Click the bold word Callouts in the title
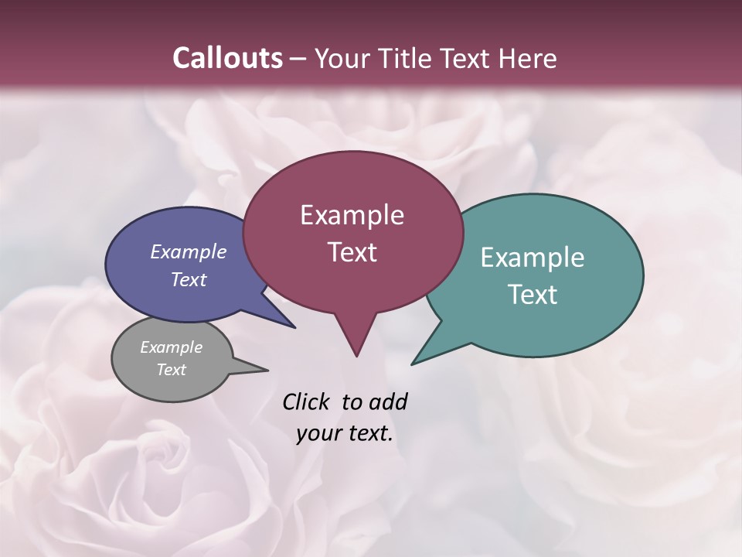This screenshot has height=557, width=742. (x=227, y=58)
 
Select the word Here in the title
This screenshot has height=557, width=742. (x=528, y=58)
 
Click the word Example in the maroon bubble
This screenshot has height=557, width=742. (x=352, y=215)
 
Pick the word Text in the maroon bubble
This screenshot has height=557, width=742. (x=352, y=252)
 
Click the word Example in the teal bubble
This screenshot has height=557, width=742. (x=533, y=258)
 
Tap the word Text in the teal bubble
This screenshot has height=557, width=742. (x=533, y=295)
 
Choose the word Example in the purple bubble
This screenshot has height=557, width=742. (x=189, y=252)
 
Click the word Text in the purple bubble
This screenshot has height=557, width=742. (x=189, y=279)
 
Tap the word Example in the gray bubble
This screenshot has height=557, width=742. (x=172, y=347)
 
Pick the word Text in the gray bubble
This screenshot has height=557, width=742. (x=172, y=370)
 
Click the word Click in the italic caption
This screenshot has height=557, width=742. (x=305, y=402)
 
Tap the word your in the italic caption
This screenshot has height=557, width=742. (x=318, y=434)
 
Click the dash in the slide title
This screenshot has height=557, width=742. (x=298, y=59)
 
